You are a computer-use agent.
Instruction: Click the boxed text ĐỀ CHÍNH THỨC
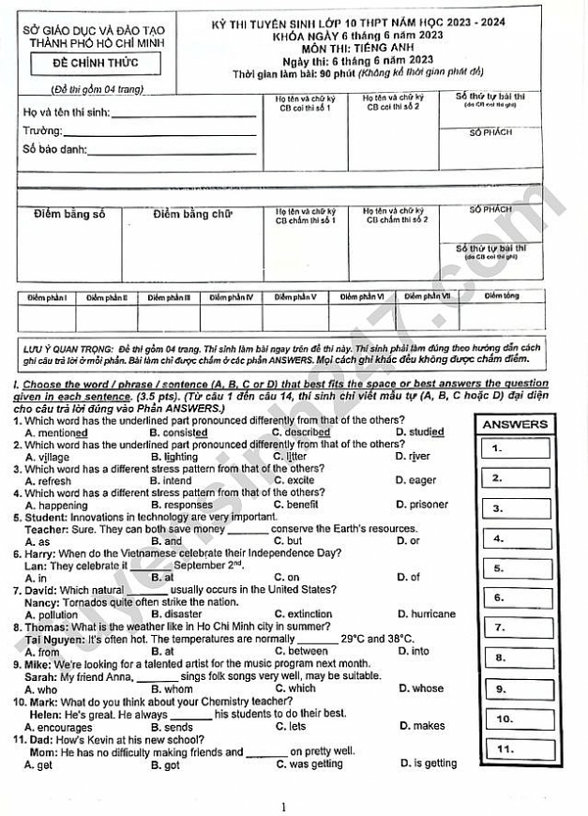[x=95, y=64]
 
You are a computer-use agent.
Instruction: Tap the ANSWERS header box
[x=515, y=424]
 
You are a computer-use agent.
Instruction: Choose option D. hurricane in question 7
[x=426, y=614]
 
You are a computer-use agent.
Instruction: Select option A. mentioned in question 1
[x=55, y=432]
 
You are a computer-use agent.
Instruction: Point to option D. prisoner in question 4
[x=422, y=505]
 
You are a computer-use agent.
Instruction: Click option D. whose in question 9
[x=421, y=688]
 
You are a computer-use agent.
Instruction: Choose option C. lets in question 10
[x=290, y=726]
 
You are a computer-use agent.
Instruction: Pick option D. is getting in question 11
[x=428, y=763]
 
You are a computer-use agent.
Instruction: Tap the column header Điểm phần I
[x=47, y=297]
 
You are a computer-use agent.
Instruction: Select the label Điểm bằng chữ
[x=192, y=215]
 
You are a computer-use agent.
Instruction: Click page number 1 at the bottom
[x=284, y=807]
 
